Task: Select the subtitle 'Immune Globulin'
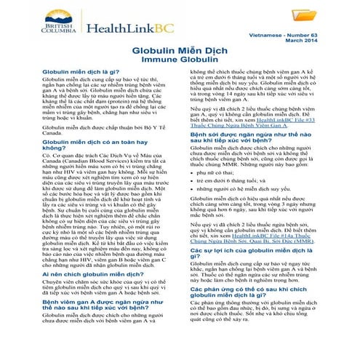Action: [180, 63]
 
